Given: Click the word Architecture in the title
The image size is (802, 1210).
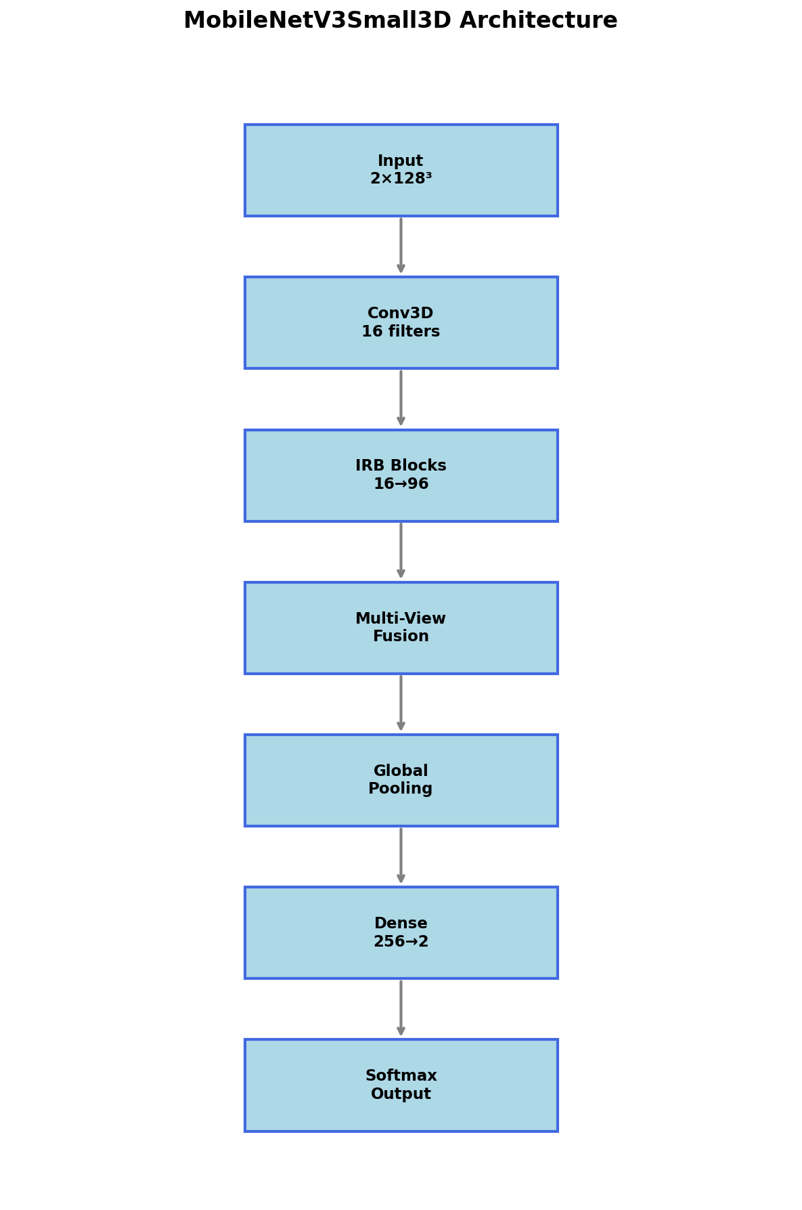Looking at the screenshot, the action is [x=539, y=20].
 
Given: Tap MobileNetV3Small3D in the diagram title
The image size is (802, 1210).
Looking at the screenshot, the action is [x=317, y=20].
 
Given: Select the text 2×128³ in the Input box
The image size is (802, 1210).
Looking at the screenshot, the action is [x=401, y=179].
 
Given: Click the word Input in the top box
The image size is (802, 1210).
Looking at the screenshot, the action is [x=401, y=161].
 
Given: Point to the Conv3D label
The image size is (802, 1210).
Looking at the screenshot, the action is [x=401, y=314].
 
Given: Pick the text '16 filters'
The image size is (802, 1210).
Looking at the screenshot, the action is [x=401, y=332].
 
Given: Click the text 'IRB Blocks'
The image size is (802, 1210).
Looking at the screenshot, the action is [x=401, y=466].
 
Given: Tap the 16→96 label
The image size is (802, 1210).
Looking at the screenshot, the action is [x=401, y=484].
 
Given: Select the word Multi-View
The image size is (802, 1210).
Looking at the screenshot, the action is [x=401, y=619].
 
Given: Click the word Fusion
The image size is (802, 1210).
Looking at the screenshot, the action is [x=401, y=636].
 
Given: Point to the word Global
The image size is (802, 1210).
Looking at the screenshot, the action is [x=401, y=771].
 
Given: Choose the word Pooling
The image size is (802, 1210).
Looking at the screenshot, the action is [x=401, y=789].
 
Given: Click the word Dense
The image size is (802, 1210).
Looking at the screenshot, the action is [x=401, y=924].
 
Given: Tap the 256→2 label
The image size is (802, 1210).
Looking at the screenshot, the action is [x=401, y=942].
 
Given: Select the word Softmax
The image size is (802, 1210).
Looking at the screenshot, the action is [x=401, y=1076].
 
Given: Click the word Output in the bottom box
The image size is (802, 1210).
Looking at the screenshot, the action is [x=401, y=1094].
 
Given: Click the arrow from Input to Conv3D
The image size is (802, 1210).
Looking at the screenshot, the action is [x=401, y=246].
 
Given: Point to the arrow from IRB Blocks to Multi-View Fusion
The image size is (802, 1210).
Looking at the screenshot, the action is [x=401, y=550].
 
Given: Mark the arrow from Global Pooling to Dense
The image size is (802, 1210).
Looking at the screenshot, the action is [x=401, y=856].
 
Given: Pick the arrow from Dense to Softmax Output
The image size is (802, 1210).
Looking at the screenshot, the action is [x=401, y=1008].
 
